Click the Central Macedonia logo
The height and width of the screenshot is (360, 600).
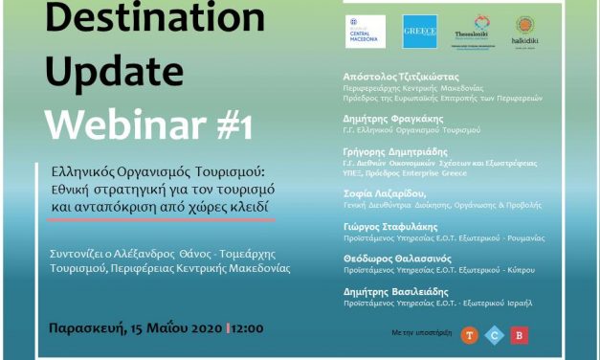tap(366, 31)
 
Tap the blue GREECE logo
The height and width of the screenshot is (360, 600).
tap(420, 31)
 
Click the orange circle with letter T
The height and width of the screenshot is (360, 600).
tap(469, 334)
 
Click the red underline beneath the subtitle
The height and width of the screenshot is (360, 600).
tap(163, 219)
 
